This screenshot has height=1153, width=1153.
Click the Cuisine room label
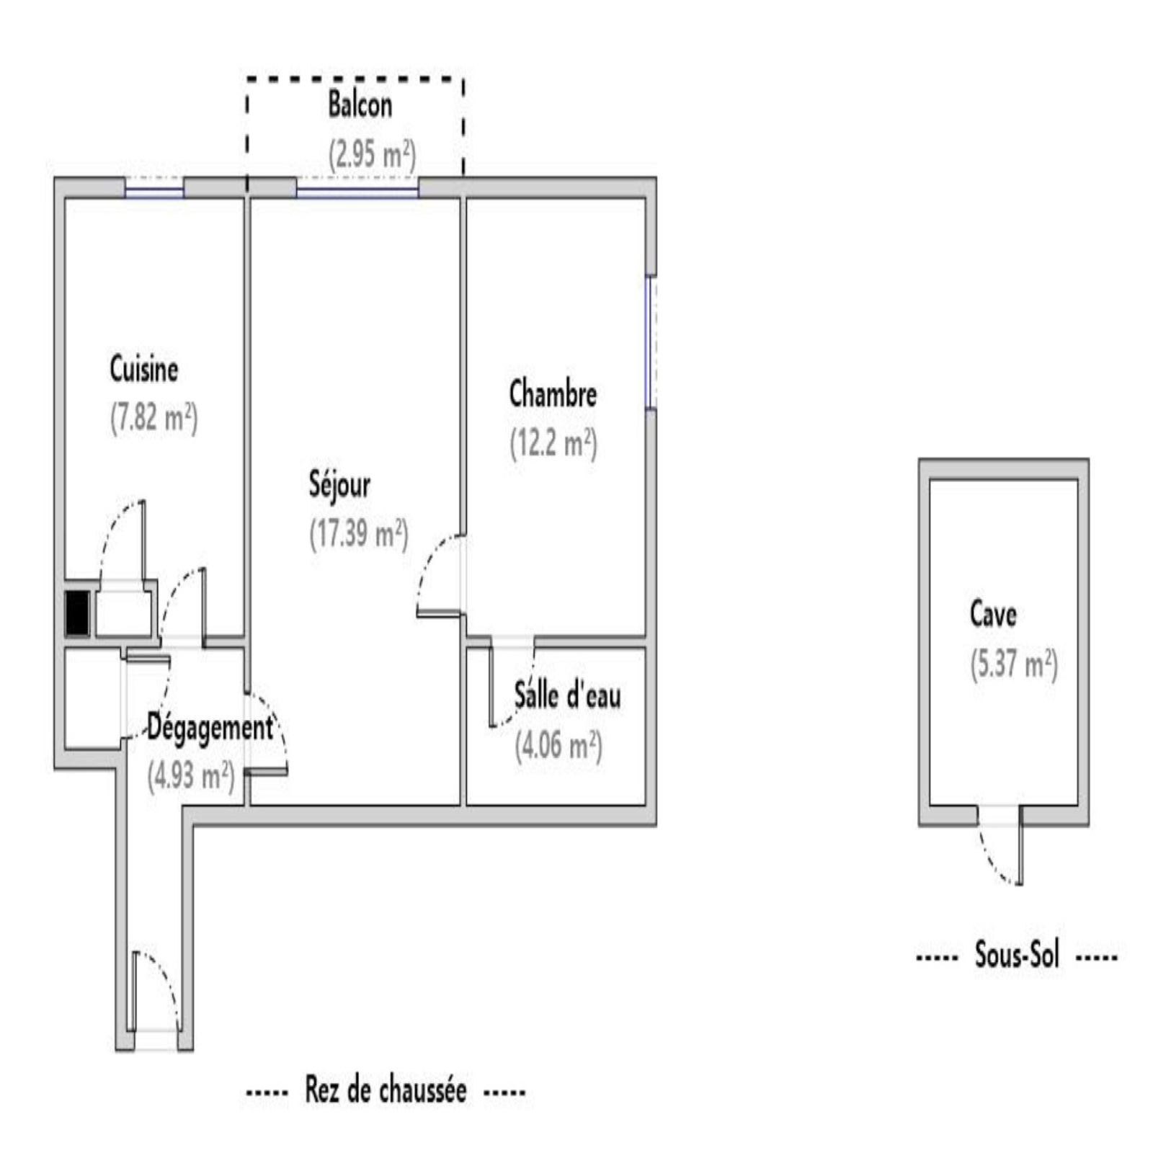click(144, 369)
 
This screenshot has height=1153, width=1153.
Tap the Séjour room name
click(339, 484)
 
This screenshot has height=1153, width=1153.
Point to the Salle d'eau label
click(567, 696)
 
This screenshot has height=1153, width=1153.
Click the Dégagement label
click(210, 729)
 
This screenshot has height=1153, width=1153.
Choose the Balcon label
click(360, 105)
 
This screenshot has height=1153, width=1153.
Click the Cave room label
click(993, 614)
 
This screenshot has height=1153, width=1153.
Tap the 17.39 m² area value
click(359, 534)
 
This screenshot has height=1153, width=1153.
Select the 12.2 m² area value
click(553, 443)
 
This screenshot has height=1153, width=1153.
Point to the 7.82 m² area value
click(153, 418)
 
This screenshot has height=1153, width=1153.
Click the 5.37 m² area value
click(1014, 664)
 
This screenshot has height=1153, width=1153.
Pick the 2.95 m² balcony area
click(372, 154)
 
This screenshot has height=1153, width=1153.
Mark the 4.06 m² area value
click(558, 745)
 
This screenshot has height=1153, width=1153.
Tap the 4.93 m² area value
click(191, 777)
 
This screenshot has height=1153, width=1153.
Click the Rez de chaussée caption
click(386, 1090)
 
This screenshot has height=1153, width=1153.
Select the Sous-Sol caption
click(1017, 956)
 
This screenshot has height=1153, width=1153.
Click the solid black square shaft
click(77, 613)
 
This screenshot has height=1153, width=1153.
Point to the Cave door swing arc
click(991, 858)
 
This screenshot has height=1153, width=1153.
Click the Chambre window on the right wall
click(651, 342)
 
